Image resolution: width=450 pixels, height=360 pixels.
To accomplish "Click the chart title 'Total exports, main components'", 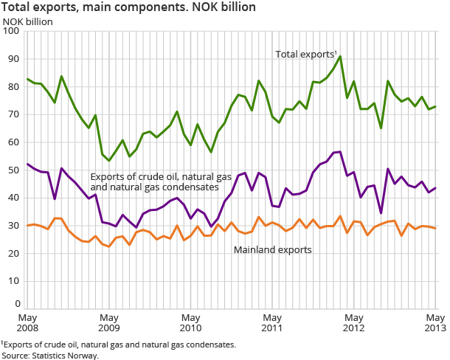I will pos(129,7).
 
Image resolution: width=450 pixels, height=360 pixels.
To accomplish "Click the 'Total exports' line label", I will pos(305,55).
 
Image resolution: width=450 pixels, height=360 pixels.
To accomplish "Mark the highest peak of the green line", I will pos(340,56).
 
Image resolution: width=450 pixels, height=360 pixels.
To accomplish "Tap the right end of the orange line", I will pos(435,229).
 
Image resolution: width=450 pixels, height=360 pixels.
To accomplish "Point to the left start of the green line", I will pos(27,79).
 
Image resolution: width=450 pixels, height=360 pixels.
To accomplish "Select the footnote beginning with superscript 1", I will pos(119,345).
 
